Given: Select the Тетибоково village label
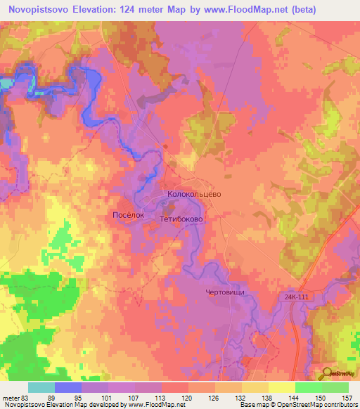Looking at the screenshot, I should [181, 219].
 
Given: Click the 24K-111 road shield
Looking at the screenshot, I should [297, 297].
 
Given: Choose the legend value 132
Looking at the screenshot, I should [241, 397].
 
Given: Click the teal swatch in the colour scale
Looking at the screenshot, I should [41, 387].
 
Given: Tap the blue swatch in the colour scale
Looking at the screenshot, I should [68, 387].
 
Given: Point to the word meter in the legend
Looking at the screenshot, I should [12, 397].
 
